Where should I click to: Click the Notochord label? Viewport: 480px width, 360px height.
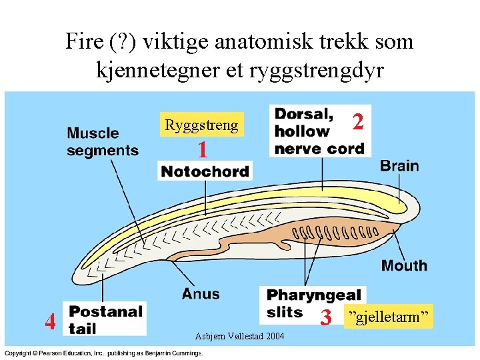click(205, 171)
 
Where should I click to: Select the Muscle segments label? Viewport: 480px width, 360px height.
click(103, 142)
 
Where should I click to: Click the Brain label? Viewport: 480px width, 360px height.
click(399, 166)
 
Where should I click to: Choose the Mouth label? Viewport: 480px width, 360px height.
click(404, 265)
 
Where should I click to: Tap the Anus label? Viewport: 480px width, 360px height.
click(200, 293)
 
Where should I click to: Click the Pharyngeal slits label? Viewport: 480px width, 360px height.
click(313, 303)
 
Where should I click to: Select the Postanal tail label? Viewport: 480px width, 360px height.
click(105, 319)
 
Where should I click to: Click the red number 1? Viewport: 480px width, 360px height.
click(203, 150)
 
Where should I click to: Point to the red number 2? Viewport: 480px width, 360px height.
click(358, 121)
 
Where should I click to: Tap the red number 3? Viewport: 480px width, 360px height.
click(326, 318)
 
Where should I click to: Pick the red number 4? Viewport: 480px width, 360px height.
click(50, 321)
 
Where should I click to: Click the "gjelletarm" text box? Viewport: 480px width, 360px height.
click(388, 316)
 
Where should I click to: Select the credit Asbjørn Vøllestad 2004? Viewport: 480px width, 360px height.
click(239, 335)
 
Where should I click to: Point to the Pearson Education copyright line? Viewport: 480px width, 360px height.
click(103, 352)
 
